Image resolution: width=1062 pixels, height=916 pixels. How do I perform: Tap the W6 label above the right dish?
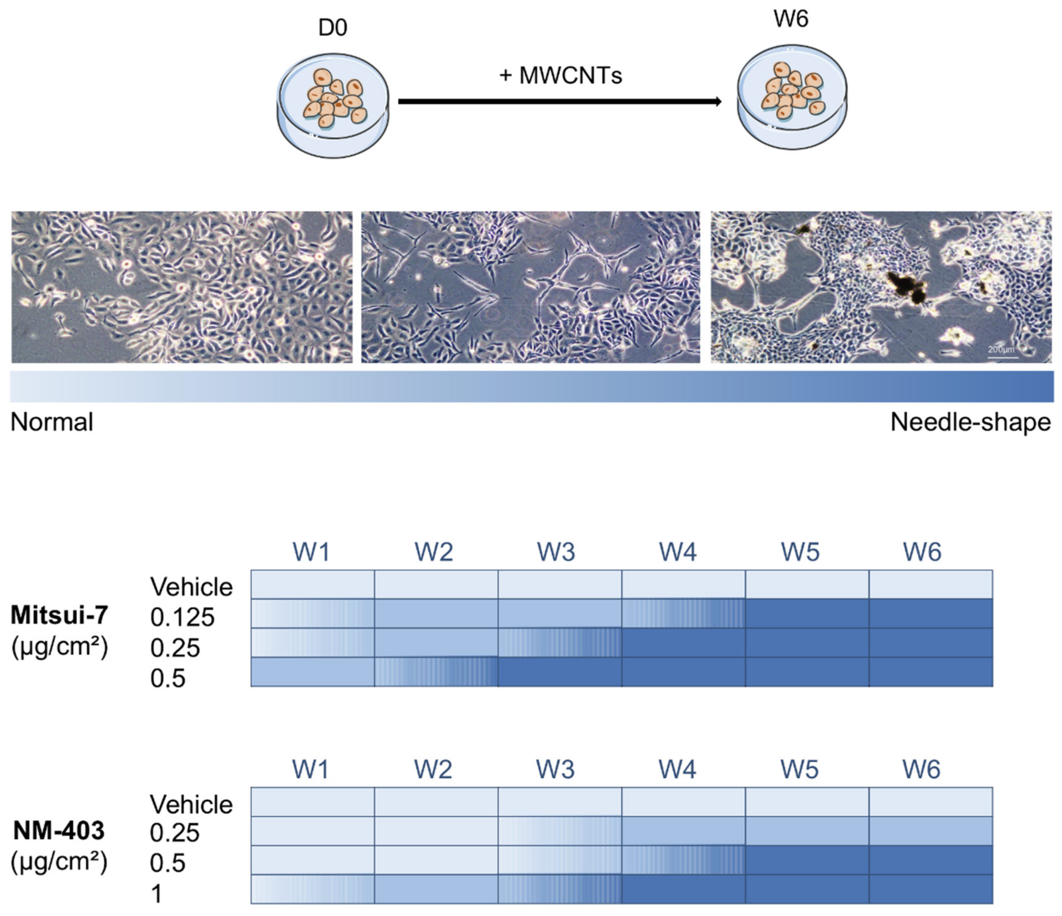click(x=791, y=20)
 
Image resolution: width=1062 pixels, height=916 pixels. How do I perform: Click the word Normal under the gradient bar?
click(x=52, y=422)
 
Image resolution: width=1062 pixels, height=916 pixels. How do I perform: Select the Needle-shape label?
click(x=970, y=422)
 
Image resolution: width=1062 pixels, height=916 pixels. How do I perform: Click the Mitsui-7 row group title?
click(x=60, y=615)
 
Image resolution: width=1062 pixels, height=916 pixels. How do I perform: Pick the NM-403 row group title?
click(x=59, y=830)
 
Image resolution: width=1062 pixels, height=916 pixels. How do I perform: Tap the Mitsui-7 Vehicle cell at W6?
click(x=930, y=584)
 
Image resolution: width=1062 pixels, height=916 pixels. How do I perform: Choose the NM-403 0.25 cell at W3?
click(x=559, y=831)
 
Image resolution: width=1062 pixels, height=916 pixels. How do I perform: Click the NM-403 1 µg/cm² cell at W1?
click(x=312, y=889)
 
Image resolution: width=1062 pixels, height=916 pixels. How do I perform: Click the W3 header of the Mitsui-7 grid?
click(x=556, y=552)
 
